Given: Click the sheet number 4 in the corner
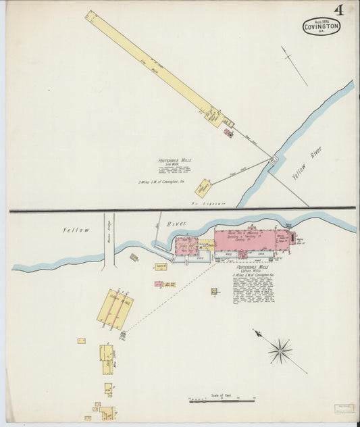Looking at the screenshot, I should [x=336, y=9].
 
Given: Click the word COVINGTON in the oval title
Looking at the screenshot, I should [x=322, y=27].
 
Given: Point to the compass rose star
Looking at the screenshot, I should [x=280, y=350].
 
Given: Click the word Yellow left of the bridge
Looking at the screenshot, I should [x=76, y=230].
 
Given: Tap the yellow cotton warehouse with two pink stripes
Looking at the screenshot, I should [x=115, y=309].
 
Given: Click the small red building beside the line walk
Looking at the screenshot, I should [x=228, y=133].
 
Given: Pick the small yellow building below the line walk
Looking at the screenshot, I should [x=203, y=187].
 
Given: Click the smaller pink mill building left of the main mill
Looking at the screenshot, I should [x=186, y=245].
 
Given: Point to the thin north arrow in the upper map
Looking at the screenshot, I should [x=294, y=66].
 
